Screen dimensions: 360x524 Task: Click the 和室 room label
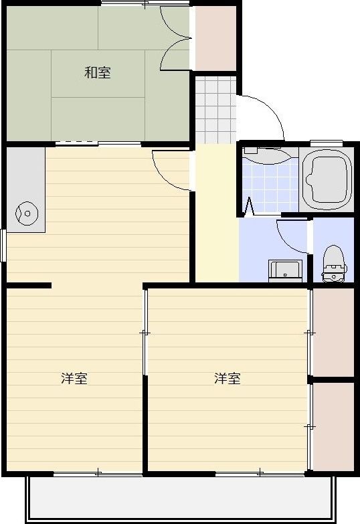pos(98,72)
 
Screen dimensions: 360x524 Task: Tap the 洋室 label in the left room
pos(74,378)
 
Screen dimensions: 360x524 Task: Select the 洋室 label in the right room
pos(228,378)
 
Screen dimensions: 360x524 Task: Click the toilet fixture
pos(334,264)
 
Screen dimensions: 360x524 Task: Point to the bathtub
pos(327,179)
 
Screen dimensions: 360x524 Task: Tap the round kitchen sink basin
pos(27,213)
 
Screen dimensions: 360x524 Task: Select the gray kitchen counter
pos(25,190)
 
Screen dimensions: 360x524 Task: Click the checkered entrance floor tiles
pos(216,110)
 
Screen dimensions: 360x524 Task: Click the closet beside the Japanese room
pos(215,37)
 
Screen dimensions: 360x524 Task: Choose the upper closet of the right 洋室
pos(333,332)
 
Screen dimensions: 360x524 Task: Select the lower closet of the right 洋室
pos(333,426)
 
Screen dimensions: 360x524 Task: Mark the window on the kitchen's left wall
pos(3,246)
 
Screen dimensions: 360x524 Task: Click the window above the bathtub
pos(327,143)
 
